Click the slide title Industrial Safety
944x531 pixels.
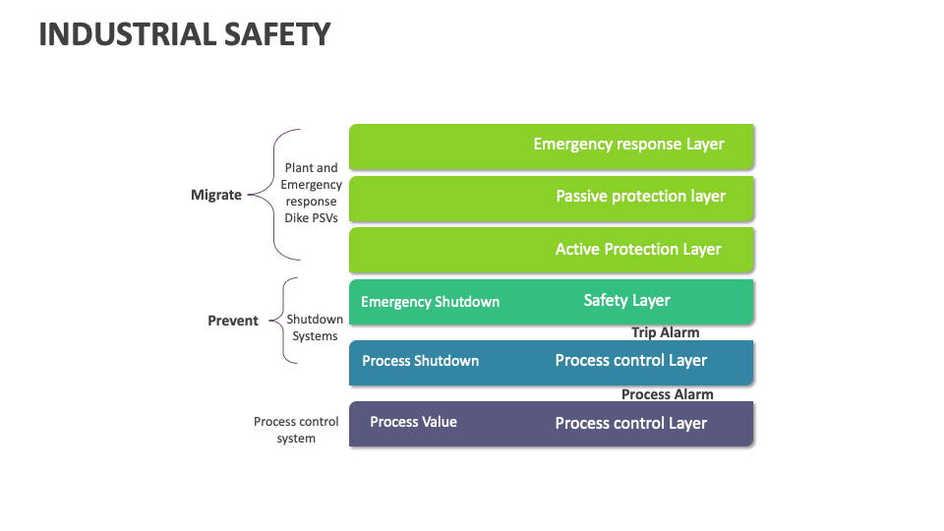(x=185, y=34)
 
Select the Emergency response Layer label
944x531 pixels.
(x=628, y=145)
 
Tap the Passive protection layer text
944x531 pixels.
(x=640, y=197)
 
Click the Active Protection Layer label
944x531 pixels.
(x=638, y=250)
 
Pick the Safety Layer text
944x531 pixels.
(x=626, y=301)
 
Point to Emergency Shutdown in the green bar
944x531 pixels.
(x=430, y=302)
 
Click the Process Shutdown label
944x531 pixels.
(x=420, y=361)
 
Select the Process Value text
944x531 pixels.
(x=413, y=422)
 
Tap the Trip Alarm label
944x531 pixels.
(x=665, y=332)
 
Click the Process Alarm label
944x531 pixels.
(x=667, y=394)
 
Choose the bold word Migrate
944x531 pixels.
(x=215, y=195)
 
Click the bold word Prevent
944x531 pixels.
(x=233, y=321)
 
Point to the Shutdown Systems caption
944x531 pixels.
(x=315, y=327)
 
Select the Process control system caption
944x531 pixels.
(x=296, y=430)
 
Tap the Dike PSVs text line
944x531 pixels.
(x=311, y=218)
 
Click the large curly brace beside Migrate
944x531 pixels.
(x=275, y=194)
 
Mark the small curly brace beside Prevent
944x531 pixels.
(x=285, y=321)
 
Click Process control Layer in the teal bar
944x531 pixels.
(x=630, y=361)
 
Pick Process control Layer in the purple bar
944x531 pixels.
(x=630, y=424)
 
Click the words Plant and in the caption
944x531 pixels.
(x=311, y=168)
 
